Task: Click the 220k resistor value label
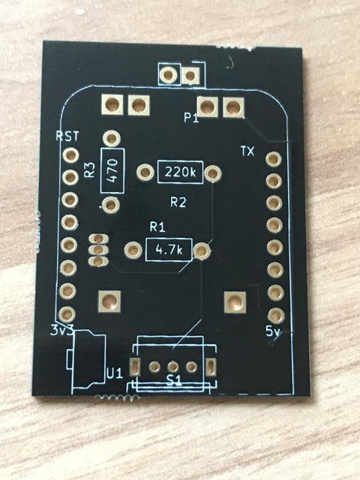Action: (x=180, y=172)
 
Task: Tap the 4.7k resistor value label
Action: (x=169, y=250)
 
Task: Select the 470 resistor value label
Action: (x=112, y=170)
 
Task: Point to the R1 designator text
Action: (x=157, y=227)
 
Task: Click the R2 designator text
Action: (x=178, y=202)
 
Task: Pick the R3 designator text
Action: (x=90, y=170)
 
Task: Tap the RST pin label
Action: (x=67, y=136)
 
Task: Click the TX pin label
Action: (x=247, y=151)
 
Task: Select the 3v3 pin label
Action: (x=61, y=330)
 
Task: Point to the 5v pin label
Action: (x=273, y=331)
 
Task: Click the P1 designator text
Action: (x=191, y=118)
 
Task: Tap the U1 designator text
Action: (x=115, y=373)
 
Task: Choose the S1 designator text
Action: (x=174, y=380)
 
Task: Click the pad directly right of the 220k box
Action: (x=213, y=173)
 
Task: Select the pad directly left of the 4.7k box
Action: (x=133, y=250)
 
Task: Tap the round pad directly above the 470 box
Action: (x=112, y=138)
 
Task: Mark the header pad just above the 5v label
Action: (x=276, y=314)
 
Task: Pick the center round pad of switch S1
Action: (x=173, y=366)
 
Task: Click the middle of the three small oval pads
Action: (x=98, y=250)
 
